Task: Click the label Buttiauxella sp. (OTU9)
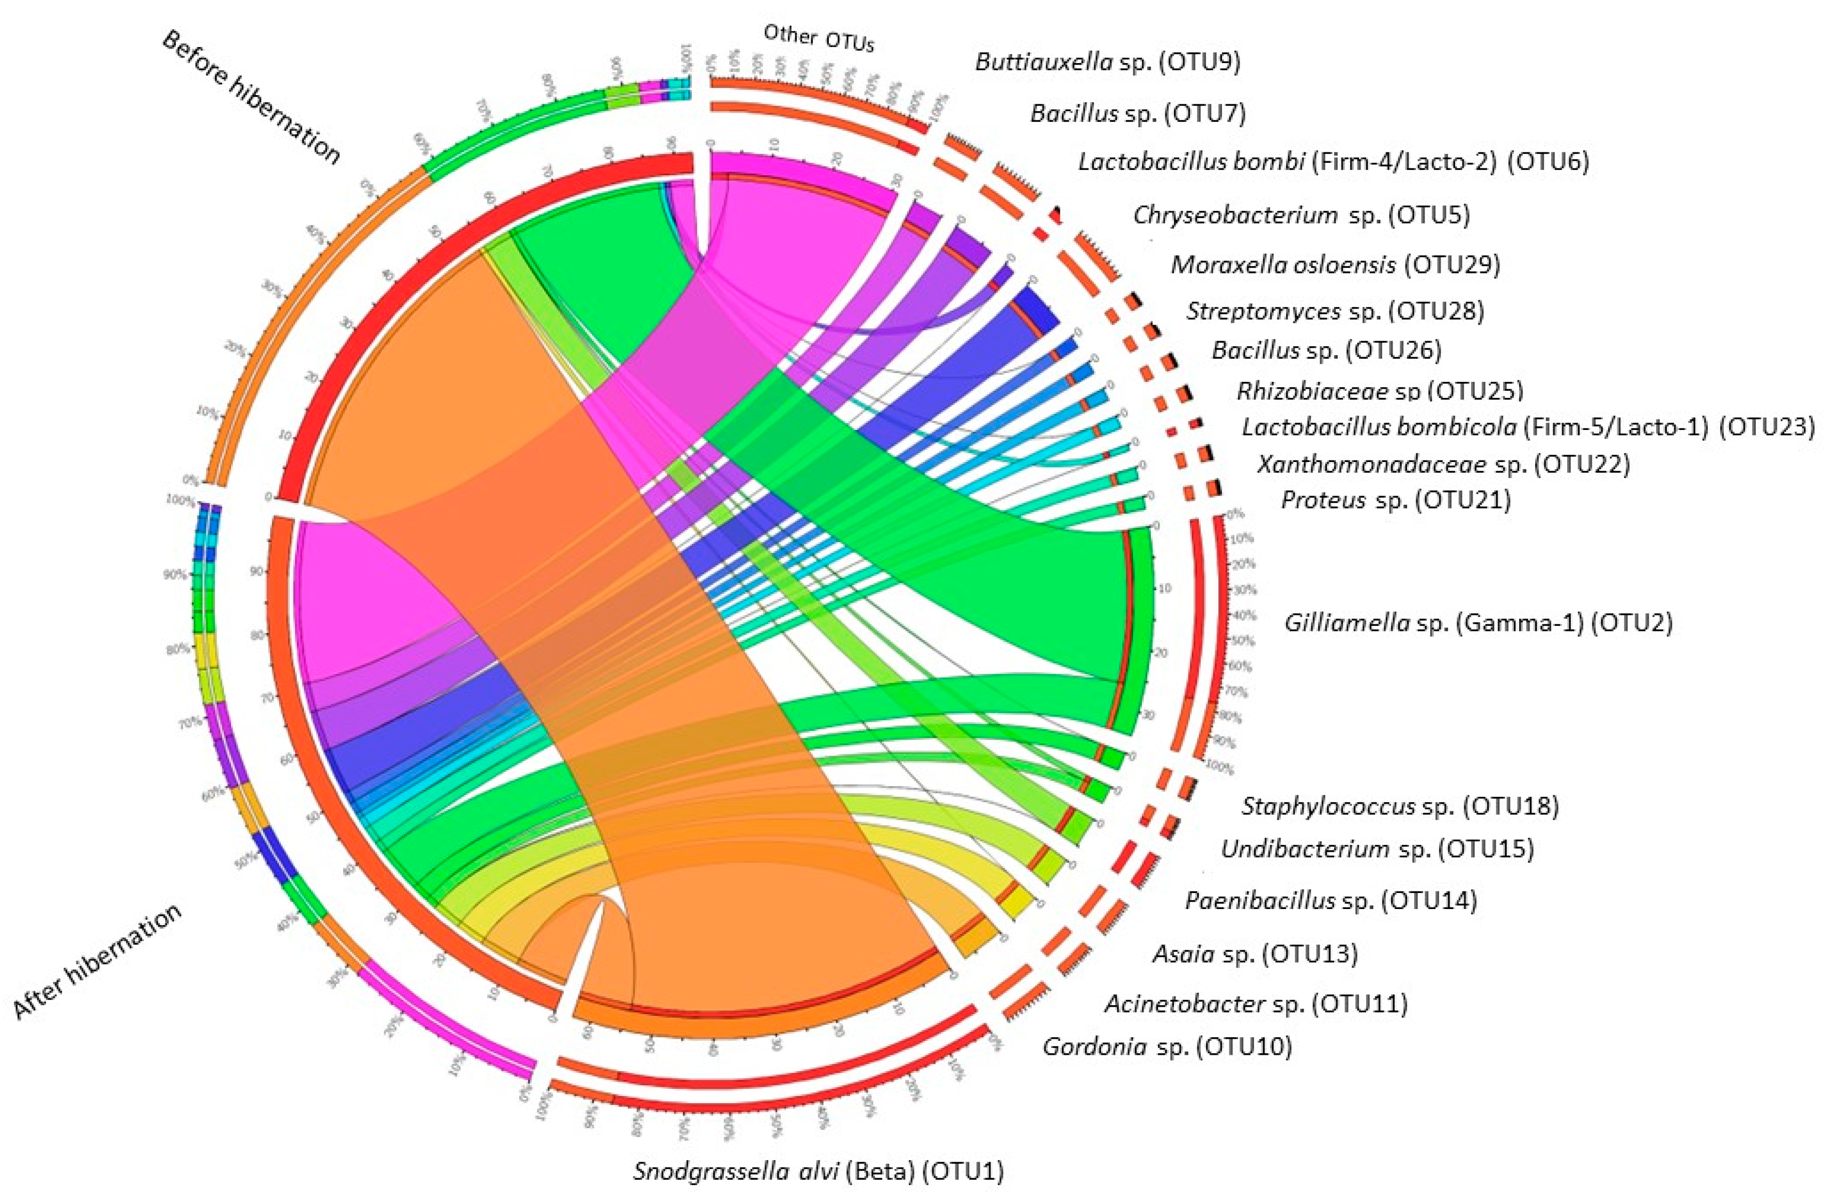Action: click(x=1107, y=61)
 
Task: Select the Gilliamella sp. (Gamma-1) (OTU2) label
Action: click(x=1478, y=623)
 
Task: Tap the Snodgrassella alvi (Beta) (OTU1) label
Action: click(x=818, y=1172)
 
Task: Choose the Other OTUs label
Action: click(x=818, y=38)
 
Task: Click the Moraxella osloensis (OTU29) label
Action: click(x=1335, y=265)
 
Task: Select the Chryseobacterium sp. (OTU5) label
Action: click(x=1301, y=214)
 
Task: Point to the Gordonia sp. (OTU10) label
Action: click(x=1167, y=1046)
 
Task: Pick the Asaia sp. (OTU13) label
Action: click(x=1255, y=954)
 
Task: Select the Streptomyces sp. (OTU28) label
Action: click(x=1335, y=311)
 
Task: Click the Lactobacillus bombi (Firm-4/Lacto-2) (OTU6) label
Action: click(x=1334, y=162)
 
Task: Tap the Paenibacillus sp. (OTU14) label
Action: click(x=1331, y=900)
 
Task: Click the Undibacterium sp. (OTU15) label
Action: click(x=1377, y=849)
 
